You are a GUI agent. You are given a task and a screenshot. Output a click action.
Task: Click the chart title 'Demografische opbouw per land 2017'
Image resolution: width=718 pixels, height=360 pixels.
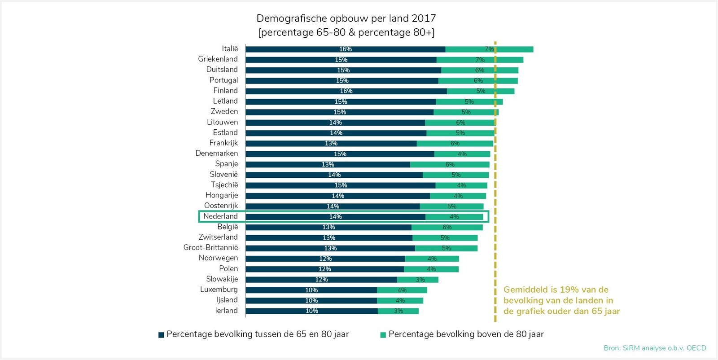[346, 18]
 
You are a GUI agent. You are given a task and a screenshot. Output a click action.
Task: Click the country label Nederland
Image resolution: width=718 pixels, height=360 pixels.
[220, 216]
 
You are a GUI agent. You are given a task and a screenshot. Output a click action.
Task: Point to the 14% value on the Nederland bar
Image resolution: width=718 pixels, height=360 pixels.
[335, 217]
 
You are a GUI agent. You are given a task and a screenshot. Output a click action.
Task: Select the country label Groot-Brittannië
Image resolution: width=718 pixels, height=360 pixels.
[210, 248]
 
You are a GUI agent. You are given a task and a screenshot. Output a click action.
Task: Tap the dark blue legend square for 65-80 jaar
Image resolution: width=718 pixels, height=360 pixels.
[161, 335]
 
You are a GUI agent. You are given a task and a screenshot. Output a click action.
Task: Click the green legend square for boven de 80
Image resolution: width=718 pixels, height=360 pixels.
[383, 335]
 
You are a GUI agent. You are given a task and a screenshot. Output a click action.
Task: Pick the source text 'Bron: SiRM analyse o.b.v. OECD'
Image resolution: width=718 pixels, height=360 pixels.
[655, 348]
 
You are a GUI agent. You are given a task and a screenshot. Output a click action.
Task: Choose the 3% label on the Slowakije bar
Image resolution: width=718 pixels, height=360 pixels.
[420, 280]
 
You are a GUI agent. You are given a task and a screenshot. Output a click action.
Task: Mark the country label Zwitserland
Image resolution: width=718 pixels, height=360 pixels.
[218, 237]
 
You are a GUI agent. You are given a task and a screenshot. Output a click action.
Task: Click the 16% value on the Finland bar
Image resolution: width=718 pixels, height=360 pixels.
[346, 91]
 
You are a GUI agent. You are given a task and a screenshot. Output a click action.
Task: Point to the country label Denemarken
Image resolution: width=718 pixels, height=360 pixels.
[216, 154]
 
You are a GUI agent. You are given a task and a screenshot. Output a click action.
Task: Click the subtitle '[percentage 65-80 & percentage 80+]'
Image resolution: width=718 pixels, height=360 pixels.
[346, 33]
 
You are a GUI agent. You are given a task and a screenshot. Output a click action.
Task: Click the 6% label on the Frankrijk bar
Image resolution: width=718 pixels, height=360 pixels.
[455, 144]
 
